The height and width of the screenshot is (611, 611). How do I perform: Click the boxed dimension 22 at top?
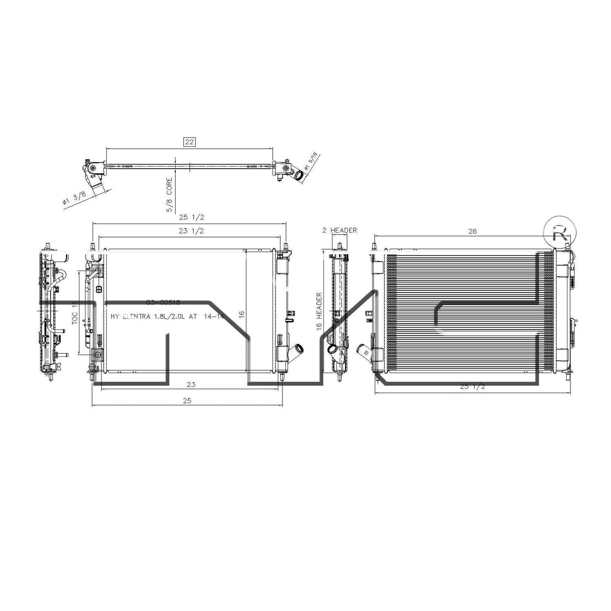pos(189,142)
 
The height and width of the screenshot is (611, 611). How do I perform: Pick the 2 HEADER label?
pos(340,230)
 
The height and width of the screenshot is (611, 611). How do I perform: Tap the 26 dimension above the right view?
pos(472,231)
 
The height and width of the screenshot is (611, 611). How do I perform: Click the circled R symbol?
pos(560,233)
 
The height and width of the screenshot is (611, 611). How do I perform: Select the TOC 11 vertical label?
pos(75,313)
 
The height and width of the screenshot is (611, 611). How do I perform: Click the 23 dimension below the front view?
pos(191,384)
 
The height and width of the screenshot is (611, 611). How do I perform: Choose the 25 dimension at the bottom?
pos(187,400)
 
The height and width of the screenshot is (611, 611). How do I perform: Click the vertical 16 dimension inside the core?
pos(241,314)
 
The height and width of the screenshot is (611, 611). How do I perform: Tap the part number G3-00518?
pos(163,302)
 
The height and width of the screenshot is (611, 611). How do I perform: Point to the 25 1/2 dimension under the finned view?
pos(472,386)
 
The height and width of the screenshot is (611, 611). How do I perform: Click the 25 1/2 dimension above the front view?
pos(192,217)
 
